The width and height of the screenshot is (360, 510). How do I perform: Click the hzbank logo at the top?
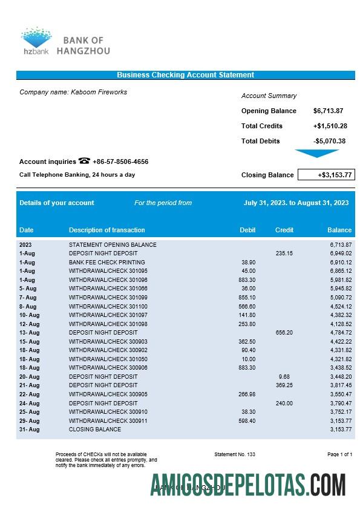pyautogui.click(x=36, y=41)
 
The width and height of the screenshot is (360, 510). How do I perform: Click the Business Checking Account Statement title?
pyautogui.click(x=185, y=75)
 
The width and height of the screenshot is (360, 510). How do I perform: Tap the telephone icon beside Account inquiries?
pyautogui.click(x=84, y=161)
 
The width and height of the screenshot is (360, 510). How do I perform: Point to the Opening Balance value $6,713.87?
pyautogui.click(x=328, y=111)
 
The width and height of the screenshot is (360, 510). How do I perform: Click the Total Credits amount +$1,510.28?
pyautogui.click(x=330, y=126)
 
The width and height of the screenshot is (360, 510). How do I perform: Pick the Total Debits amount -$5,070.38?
pyautogui.click(x=329, y=141)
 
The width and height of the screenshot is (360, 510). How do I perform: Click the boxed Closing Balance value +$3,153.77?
pyautogui.click(x=326, y=175)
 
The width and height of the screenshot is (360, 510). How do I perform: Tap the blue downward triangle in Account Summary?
pyautogui.click(x=316, y=154)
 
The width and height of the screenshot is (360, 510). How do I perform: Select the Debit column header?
pyautogui.click(x=247, y=230)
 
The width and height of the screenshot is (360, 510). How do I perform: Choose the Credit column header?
pyautogui.click(x=284, y=230)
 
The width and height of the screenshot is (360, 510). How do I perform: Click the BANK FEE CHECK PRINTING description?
pyautogui.click(x=106, y=262)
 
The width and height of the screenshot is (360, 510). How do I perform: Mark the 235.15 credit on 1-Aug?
pyautogui.click(x=284, y=253)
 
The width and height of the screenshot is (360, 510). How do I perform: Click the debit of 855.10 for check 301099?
pyautogui.click(x=247, y=297)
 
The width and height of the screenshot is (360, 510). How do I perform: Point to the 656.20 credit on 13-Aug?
pyautogui.click(x=284, y=332)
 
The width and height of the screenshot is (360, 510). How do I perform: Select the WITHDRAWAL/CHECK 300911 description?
pyautogui.click(x=108, y=420)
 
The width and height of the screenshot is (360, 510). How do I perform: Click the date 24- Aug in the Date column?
pyautogui.click(x=29, y=403)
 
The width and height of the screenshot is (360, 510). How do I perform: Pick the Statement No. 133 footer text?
pyautogui.click(x=235, y=454)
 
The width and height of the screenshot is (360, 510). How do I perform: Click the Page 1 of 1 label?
pyautogui.click(x=339, y=454)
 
